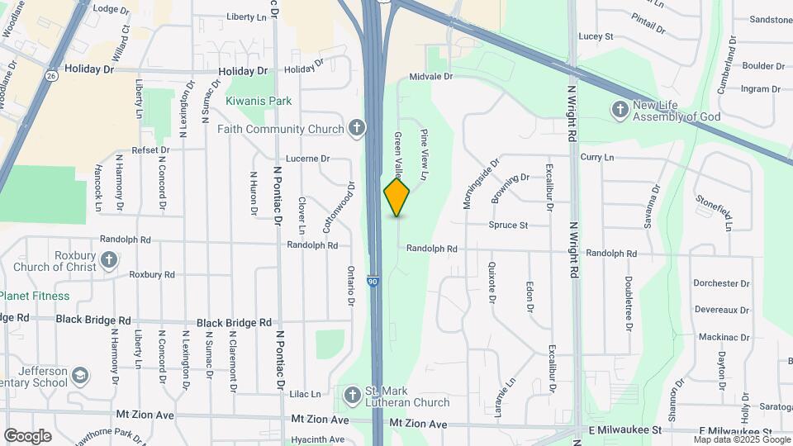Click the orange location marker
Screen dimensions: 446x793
pos(396,197)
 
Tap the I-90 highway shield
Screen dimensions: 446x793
pos(373,282)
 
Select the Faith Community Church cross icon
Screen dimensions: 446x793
pos(356,128)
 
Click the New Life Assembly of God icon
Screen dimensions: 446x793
pos(620,109)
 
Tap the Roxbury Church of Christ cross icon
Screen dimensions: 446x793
pos(109,261)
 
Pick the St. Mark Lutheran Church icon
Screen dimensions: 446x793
pos(353,394)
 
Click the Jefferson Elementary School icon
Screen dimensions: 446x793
pos(80,376)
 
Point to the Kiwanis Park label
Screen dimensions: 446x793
pos(259,101)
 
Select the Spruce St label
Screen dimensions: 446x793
pos(508,225)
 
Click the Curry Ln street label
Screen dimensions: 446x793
pos(597,157)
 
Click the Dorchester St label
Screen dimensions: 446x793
pos(721,283)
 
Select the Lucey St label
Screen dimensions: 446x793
pos(596,36)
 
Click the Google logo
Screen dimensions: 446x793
pos(27,435)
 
